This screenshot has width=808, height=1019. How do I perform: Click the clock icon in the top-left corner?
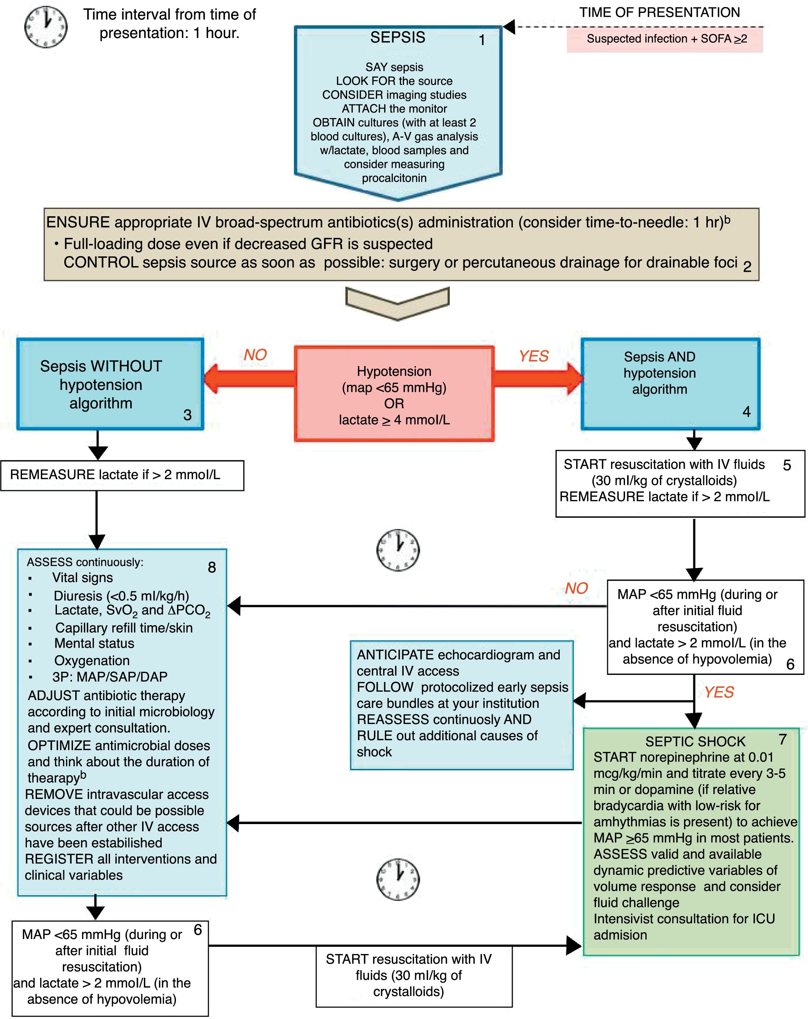pos(45,27)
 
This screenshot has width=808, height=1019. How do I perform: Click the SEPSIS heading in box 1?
pos(397,37)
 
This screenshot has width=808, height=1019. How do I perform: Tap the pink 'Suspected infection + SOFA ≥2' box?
pos(664,39)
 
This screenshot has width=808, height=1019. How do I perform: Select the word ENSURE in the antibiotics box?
pos(78,223)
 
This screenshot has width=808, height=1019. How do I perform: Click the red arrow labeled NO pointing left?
pos(250,378)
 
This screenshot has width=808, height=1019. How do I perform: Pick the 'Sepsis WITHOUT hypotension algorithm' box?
pos(110,384)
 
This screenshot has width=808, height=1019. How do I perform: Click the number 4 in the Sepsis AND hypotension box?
pos(746,412)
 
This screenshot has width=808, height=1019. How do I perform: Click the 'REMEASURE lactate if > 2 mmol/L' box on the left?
pos(122,475)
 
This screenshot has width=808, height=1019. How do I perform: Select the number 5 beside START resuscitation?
pos(786,466)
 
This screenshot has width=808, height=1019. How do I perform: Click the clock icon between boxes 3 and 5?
pos(398,550)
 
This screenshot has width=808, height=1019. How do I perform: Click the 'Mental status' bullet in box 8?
pos(94,643)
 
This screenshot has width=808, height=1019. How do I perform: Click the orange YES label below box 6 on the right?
pos(718,692)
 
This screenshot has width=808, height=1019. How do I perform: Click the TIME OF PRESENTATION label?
pos(660,13)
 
